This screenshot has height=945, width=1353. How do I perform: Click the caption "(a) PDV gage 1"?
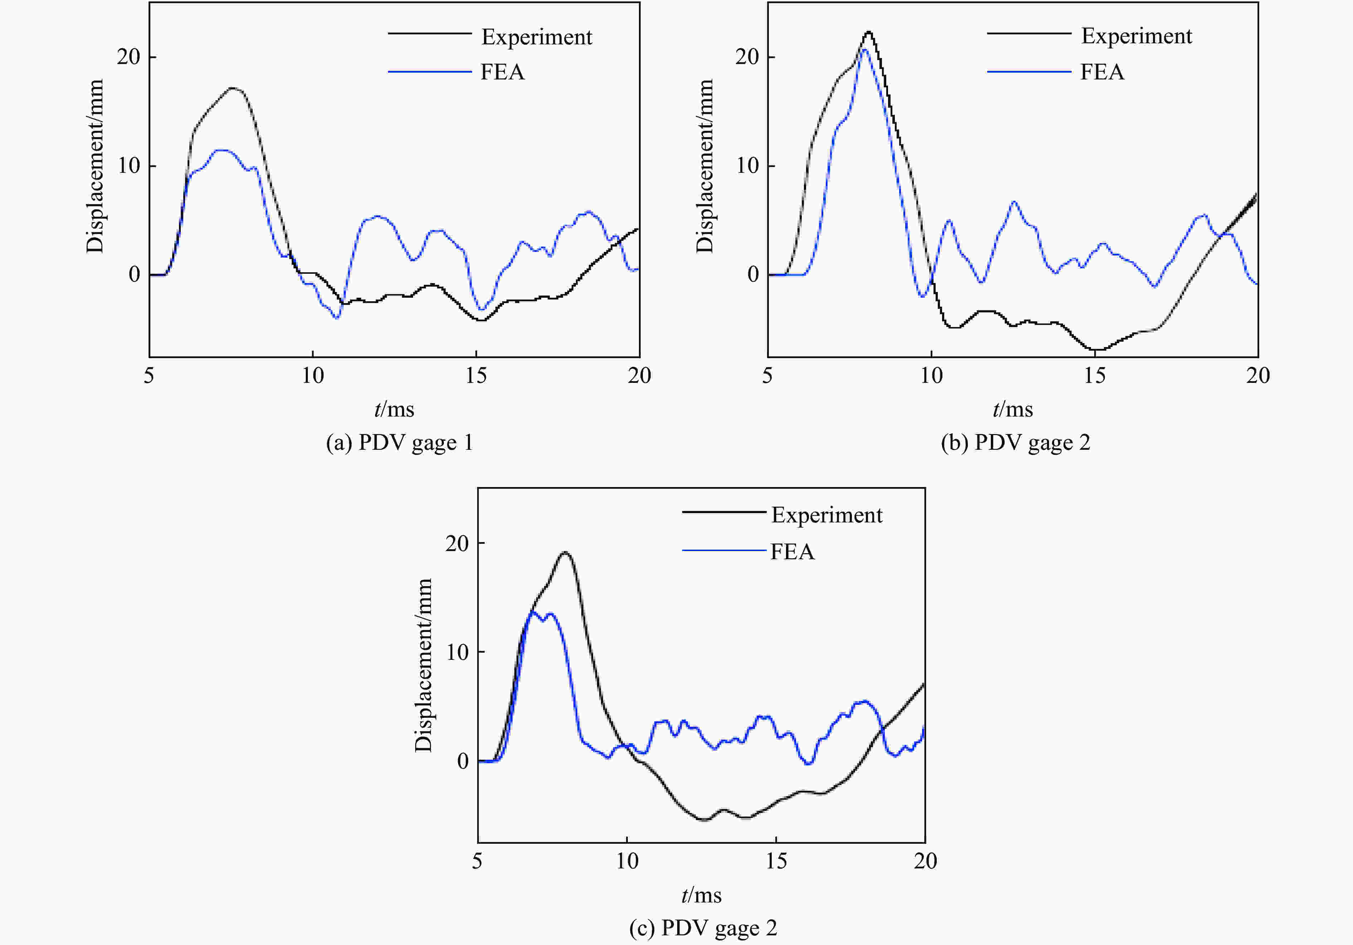(399, 443)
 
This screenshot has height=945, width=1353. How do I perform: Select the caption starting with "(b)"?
(1015, 443)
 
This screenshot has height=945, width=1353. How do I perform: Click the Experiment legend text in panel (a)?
(536, 37)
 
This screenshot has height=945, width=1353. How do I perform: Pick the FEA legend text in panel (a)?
(502, 72)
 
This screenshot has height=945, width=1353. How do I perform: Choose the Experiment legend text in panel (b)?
(1136, 36)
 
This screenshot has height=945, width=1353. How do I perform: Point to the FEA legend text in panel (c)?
(792, 552)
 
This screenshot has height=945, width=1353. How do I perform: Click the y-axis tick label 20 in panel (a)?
(128, 57)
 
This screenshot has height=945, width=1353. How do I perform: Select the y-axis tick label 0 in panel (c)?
(463, 761)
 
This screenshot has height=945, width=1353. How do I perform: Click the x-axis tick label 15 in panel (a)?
(476, 376)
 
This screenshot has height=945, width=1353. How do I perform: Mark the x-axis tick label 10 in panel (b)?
(931, 376)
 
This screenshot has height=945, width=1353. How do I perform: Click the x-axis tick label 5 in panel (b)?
(767, 376)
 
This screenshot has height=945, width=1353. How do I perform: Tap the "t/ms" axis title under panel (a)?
(394, 409)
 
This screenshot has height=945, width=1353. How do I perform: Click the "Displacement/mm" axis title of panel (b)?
(705, 166)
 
